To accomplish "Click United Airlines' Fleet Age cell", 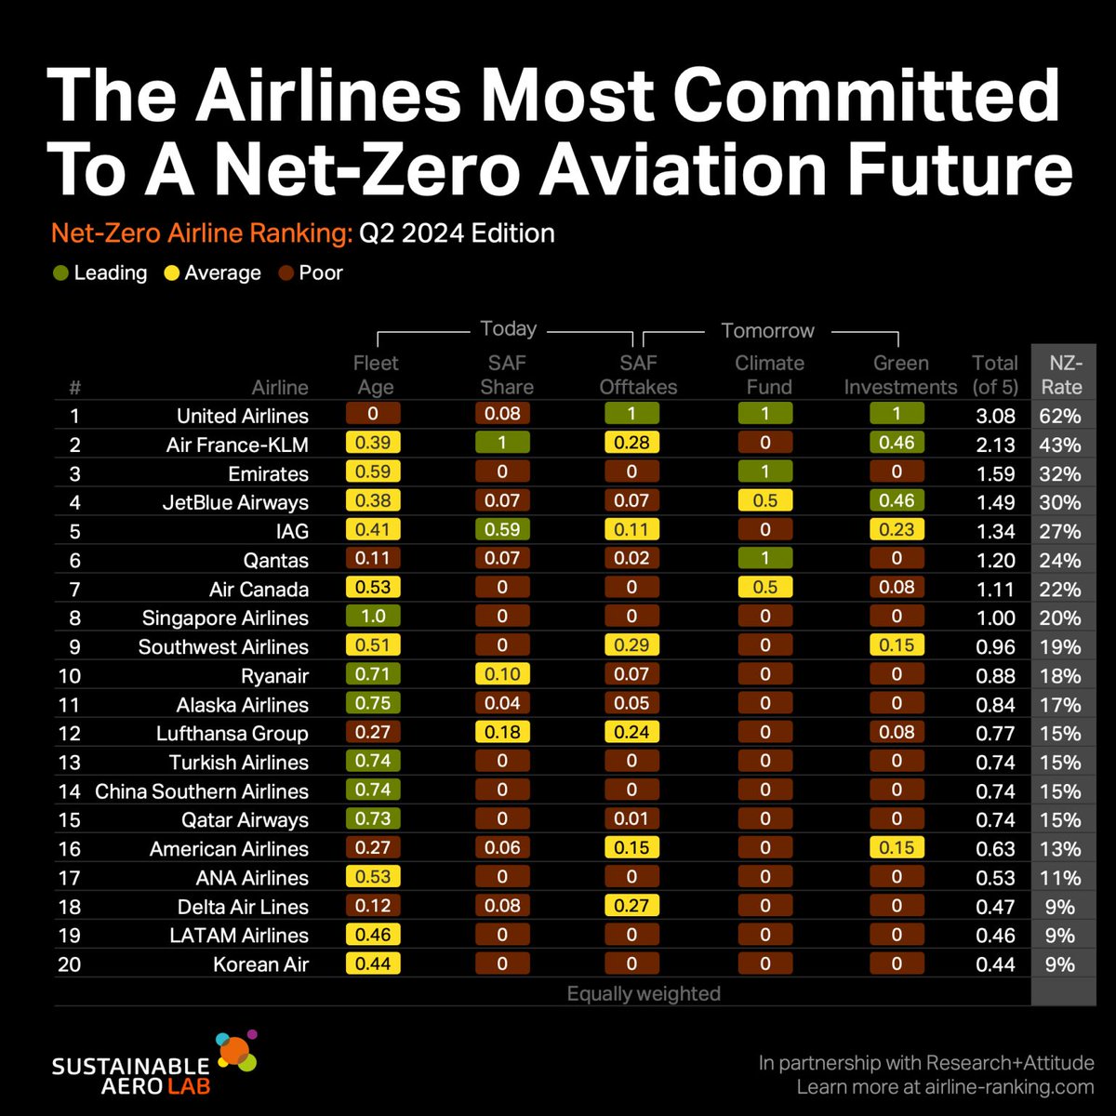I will point(373,414).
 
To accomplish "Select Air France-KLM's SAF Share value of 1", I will point(502,444).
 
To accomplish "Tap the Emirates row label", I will point(268,473).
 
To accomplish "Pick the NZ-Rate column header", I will point(1061,375).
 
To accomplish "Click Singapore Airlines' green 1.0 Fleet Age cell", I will point(373,617).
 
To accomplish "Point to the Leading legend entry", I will point(100,273).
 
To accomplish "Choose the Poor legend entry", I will point(311,273).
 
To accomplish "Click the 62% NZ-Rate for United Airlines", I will point(1060,416).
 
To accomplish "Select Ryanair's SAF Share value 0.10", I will point(502,674).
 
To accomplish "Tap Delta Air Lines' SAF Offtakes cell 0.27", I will point(631,905).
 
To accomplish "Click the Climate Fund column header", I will point(769,375).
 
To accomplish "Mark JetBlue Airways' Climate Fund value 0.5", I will point(765,501).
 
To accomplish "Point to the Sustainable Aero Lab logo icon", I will point(235,1053).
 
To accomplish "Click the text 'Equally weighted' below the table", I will point(644,993).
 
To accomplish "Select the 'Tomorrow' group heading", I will point(767,330).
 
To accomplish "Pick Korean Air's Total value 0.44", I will point(995,964).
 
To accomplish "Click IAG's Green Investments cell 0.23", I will point(897,530).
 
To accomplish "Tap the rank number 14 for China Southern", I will point(69,791).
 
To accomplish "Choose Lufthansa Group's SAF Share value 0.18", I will point(502,732).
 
